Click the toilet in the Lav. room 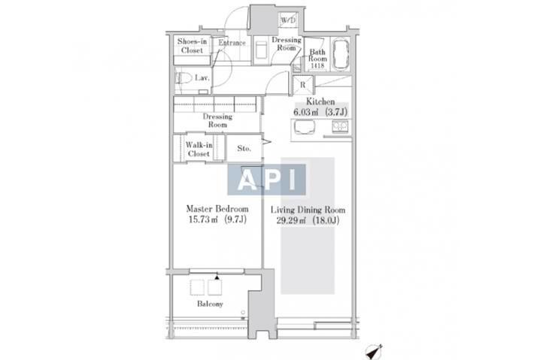pos(183,78)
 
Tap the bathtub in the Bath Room pos(341,54)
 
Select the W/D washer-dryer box pos(288,20)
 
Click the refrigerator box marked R pos(303,85)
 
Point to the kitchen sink pos(305,127)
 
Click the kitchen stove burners pos(340,126)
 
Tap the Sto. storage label pos(244,148)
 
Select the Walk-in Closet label pos(199,150)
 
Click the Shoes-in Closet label pos(192,46)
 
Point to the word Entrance pos(232,43)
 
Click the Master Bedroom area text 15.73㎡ pos(203,219)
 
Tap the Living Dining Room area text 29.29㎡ pos(290,220)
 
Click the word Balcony pos(210,304)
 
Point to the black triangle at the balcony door pos(217,277)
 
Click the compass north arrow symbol pos(374,352)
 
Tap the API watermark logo pos(267,180)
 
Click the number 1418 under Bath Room pos(317,66)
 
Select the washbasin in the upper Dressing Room pos(261,50)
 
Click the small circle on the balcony pos(243,312)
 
